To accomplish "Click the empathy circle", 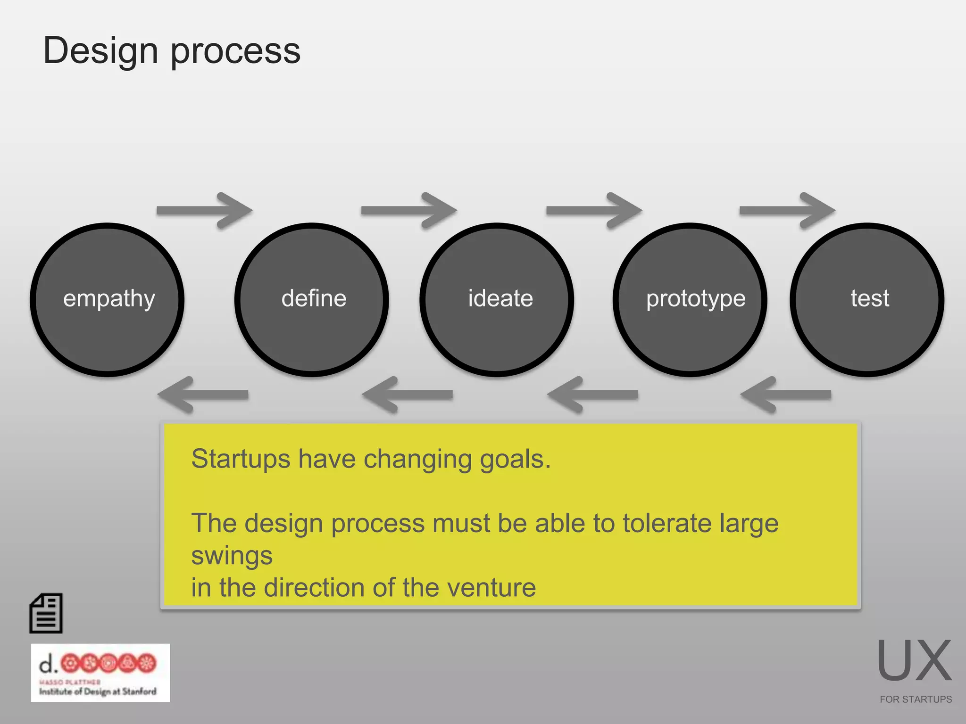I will pos(108,300).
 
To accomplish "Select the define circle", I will pos(312,300).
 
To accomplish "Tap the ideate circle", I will pos(497,300).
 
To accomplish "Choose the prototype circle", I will pos(690,300).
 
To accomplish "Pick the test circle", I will pos(867,300).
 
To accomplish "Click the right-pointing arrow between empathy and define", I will pos(204,211).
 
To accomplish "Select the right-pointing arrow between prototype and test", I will pos(787,211).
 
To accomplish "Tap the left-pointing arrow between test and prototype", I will pos(786,395).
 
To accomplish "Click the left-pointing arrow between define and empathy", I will pos(203,395).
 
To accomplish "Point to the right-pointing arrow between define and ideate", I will pos(408,211).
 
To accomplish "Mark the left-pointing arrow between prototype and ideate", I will pos(593,395).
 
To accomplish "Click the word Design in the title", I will pos(100,51).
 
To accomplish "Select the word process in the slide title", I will pos(235,52).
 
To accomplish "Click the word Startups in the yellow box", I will pos(241,459).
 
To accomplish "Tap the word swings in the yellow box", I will pos(232,556).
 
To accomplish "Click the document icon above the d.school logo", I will pos(46,613).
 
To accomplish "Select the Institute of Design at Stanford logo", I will pos(100,673).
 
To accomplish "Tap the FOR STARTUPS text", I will pos(916,699).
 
